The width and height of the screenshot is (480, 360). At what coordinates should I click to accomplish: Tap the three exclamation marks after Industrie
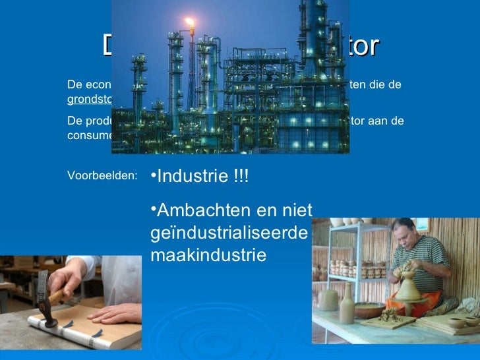pyautogui.click(x=241, y=177)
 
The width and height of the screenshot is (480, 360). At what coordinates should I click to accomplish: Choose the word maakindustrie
pyautogui.click(x=208, y=255)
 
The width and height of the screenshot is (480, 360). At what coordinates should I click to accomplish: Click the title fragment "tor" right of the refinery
pyautogui.click(x=364, y=46)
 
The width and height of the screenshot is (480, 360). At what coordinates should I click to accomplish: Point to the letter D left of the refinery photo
pyautogui.click(x=108, y=46)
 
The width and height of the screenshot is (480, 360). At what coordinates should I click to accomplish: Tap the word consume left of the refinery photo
pyautogui.click(x=90, y=135)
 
